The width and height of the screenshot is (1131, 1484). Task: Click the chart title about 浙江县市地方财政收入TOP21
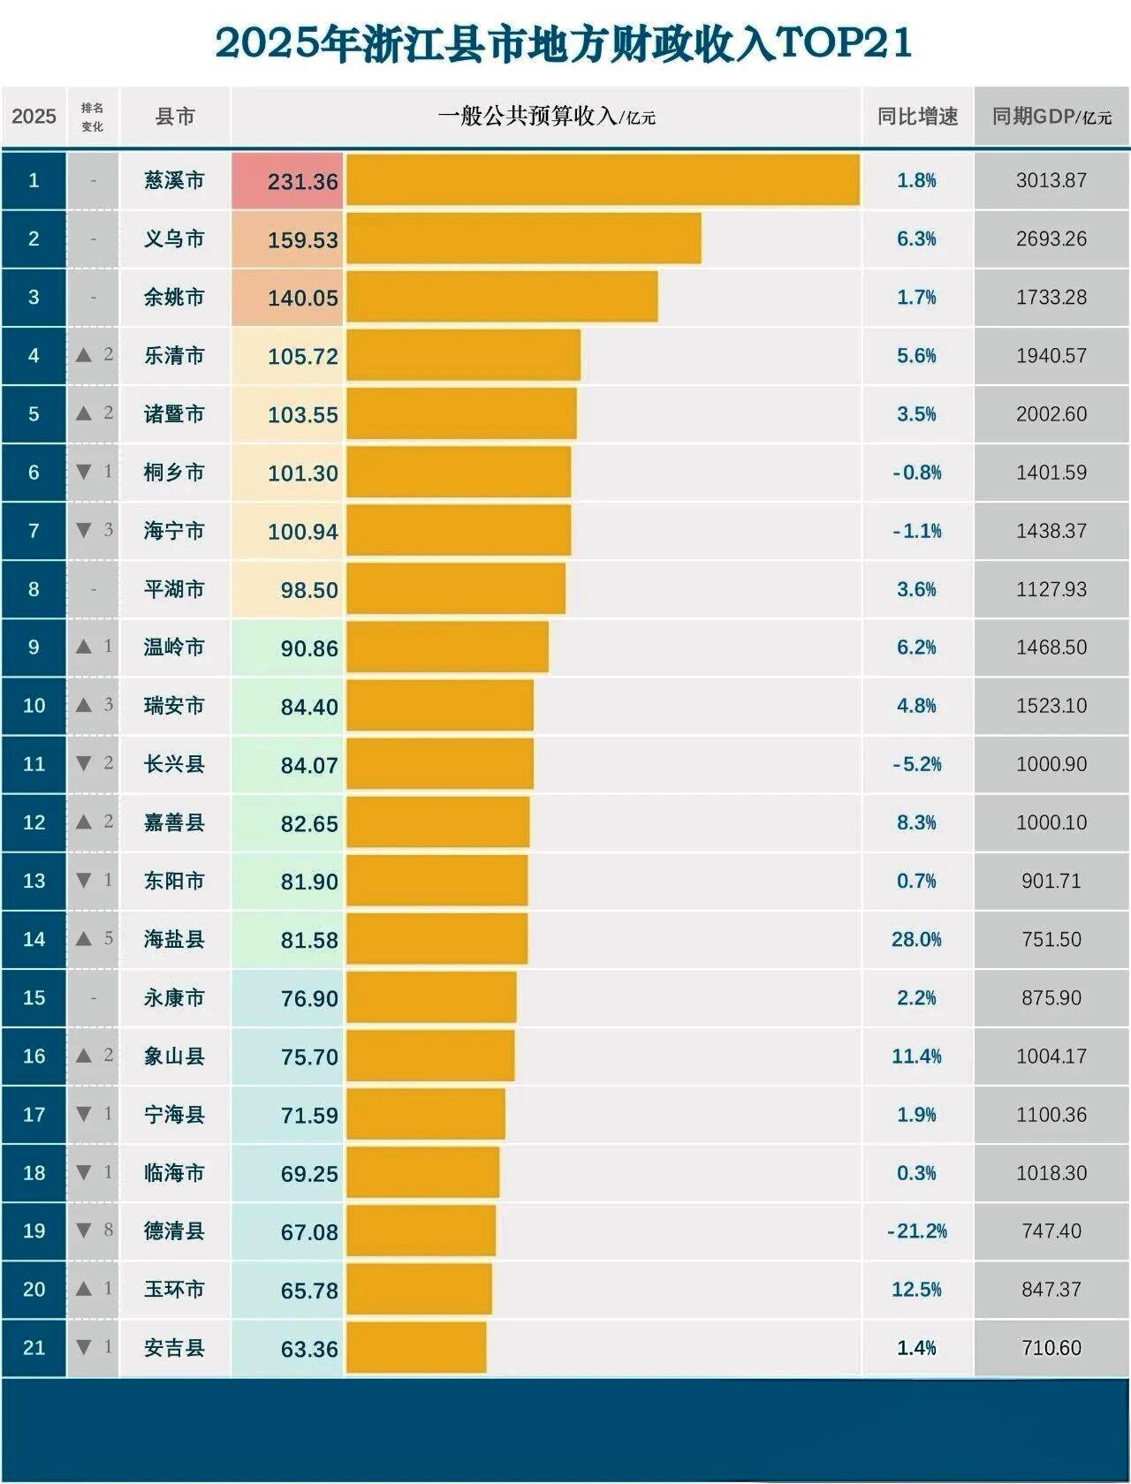pyautogui.click(x=564, y=43)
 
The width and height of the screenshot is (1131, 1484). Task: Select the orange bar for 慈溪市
pyautogui.click(x=603, y=180)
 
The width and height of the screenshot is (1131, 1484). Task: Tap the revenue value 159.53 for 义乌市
pyautogui.click(x=302, y=239)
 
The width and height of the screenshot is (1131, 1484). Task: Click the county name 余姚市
pyautogui.click(x=174, y=297)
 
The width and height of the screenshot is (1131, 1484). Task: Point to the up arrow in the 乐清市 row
pyautogui.click(x=84, y=355)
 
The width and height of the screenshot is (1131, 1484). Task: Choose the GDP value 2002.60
pyautogui.click(x=1051, y=414)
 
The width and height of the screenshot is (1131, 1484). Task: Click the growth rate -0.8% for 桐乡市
pyautogui.click(x=916, y=473)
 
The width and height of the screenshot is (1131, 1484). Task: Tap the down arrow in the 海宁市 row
pyautogui.click(x=84, y=530)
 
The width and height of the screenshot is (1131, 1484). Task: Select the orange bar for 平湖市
pyautogui.click(x=456, y=589)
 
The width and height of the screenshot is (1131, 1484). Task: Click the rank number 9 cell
pyautogui.click(x=34, y=647)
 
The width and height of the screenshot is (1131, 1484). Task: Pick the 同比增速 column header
pyautogui.click(x=917, y=117)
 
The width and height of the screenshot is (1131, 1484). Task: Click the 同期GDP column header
pyautogui.click(x=1051, y=117)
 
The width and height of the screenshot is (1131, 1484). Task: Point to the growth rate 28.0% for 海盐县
pyautogui.click(x=916, y=939)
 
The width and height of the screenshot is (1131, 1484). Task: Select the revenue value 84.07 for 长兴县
pyautogui.click(x=308, y=765)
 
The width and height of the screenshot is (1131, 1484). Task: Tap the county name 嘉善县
pyautogui.click(x=174, y=822)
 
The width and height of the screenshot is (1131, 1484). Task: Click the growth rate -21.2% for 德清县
pyautogui.click(x=916, y=1231)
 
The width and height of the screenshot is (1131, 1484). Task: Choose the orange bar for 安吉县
pyautogui.click(x=416, y=1348)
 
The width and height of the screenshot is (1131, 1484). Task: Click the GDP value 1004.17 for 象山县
pyautogui.click(x=1051, y=1056)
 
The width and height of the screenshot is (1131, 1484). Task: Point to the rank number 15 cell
pyautogui.click(x=34, y=997)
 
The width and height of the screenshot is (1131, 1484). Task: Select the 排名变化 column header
pyautogui.click(x=93, y=117)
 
